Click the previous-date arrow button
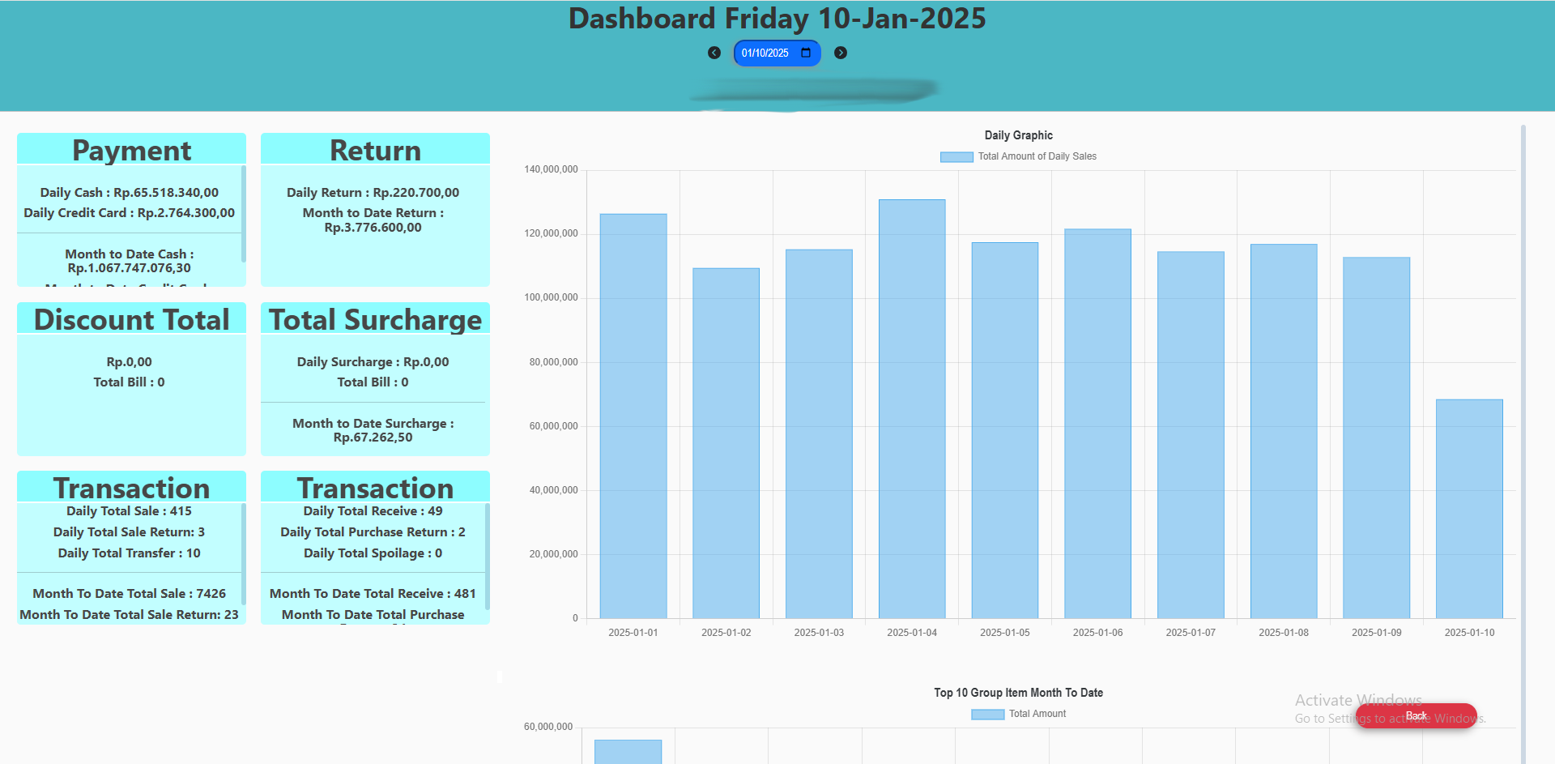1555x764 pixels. click(x=714, y=53)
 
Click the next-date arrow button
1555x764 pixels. click(x=841, y=53)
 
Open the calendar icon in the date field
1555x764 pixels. click(x=806, y=53)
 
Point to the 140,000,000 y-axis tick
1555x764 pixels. click(x=551, y=169)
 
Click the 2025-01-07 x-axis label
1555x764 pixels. click(x=1191, y=633)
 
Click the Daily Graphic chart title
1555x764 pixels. click(x=1018, y=135)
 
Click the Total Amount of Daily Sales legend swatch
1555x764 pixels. click(x=956, y=157)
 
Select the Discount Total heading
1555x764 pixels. click(x=132, y=320)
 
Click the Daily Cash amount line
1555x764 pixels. click(x=130, y=193)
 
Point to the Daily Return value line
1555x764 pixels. click(x=373, y=193)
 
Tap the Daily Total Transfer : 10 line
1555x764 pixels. click(x=129, y=553)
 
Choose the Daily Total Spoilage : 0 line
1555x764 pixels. click(x=373, y=553)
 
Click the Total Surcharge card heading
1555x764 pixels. click(x=375, y=320)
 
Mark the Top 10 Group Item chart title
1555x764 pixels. click(x=1018, y=693)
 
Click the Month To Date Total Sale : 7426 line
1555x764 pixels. click(x=129, y=594)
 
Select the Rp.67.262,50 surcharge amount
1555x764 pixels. click(x=373, y=437)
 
